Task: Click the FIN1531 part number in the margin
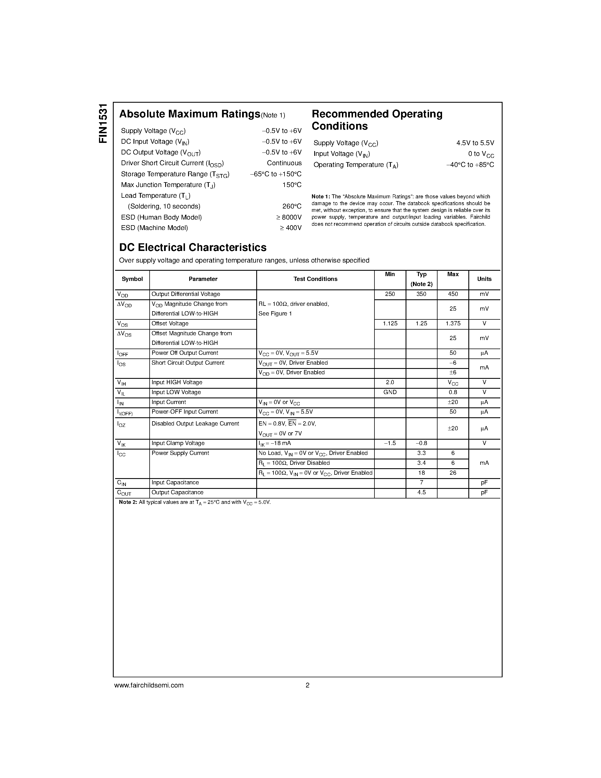click(x=103, y=123)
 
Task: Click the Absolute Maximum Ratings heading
click(x=189, y=114)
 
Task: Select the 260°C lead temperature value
click(x=292, y=206)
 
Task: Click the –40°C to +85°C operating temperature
click(x=470, y=165)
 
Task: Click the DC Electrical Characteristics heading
click(x=193, y=247)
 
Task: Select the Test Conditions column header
click(x=315, y=279)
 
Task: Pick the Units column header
click(x=484, y=279)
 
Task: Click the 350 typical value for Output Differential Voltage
click(x=421, y=294)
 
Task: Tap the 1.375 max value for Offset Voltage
click(x=453, y=323)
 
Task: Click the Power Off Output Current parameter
click(x=185, y=353)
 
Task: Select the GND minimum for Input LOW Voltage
click(x=390, y=392)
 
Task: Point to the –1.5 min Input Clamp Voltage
click(x=390, y=443)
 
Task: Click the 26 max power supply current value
click(x=453, y=473)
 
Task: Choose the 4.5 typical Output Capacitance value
click(x=421, y=492)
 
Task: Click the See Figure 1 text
click(x=275, y=313)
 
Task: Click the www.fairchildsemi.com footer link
click(x=149, y=685)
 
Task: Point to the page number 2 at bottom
click(x=307, y=685)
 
